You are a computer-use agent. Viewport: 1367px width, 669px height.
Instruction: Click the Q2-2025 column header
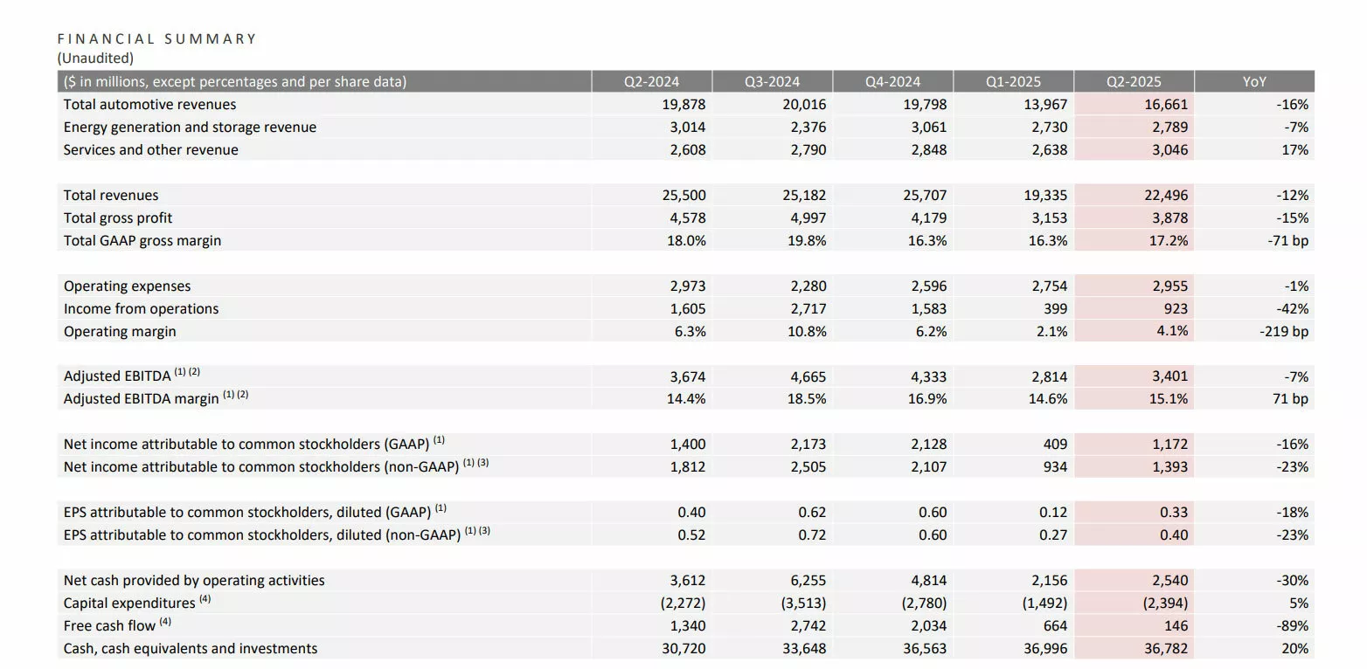(1134, 82)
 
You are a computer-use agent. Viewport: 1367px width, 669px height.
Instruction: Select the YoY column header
(1254, 82)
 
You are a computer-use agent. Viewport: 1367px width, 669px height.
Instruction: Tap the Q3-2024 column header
(772, 82)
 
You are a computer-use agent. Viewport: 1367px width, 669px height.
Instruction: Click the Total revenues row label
(111, 196)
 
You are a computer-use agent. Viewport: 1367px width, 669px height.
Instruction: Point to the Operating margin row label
(120, 332)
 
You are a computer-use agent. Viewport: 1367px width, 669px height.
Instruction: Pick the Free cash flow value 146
(1176, 626)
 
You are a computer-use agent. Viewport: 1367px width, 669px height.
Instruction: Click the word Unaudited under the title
(95, 59)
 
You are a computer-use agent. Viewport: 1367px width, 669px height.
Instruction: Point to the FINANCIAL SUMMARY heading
(156, 38)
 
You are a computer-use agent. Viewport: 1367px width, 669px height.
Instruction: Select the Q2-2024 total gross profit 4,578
(687, 218)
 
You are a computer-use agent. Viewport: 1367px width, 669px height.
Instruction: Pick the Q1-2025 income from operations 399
(1055, 309)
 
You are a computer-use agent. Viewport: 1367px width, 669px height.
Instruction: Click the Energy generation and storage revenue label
(190, 128)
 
